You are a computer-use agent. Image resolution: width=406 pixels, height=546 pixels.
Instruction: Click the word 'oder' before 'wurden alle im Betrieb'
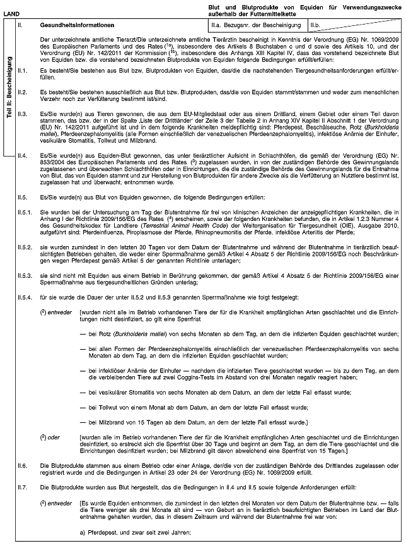click(x=56, y=436)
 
